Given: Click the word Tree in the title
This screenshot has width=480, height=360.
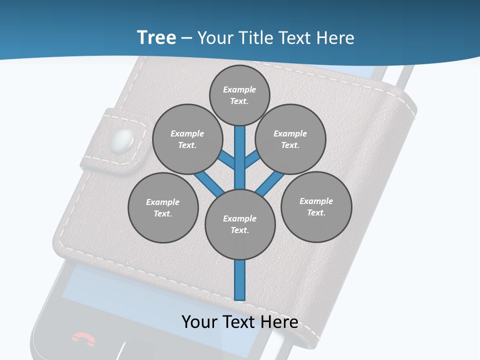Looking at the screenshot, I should [x=156, y=37].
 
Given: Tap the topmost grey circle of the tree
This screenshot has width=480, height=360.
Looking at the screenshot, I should [x=239, y=95].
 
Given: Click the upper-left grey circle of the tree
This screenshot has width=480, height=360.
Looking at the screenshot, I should [x=187, y=139].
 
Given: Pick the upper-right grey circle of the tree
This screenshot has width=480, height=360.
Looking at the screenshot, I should [x=290, y=139].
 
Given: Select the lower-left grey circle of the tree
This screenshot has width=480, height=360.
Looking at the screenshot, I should [x=163, y=207].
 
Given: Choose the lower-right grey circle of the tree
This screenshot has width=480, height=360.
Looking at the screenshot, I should [x=316, y=206].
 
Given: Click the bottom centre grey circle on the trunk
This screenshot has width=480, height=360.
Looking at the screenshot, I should [x=240, y=224].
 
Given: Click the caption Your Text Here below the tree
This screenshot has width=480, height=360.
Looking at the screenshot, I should [x=240, y=322].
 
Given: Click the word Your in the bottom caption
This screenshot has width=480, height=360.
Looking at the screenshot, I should [x=200, y=322].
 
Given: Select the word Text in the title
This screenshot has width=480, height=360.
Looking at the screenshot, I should [x=295, y=38].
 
